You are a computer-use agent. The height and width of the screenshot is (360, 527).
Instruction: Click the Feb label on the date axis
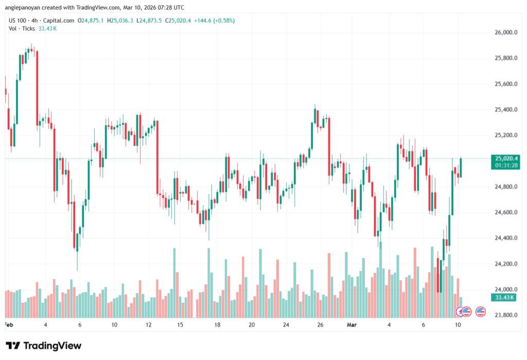point(8,325)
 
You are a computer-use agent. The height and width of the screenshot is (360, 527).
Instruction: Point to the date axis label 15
point(180,325)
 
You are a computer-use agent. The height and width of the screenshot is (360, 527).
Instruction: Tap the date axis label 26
point(320,325)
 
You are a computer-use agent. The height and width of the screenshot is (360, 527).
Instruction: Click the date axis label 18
point(218,325)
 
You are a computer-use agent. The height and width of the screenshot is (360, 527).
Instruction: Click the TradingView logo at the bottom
point(44,346)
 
